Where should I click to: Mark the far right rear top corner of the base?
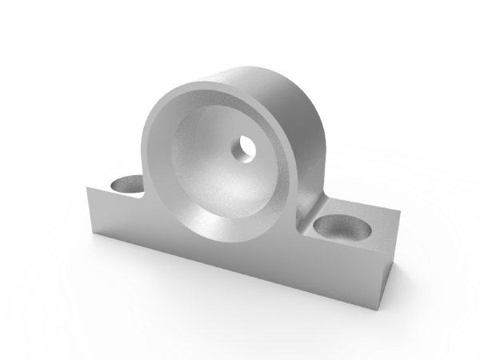coord(398,213)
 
